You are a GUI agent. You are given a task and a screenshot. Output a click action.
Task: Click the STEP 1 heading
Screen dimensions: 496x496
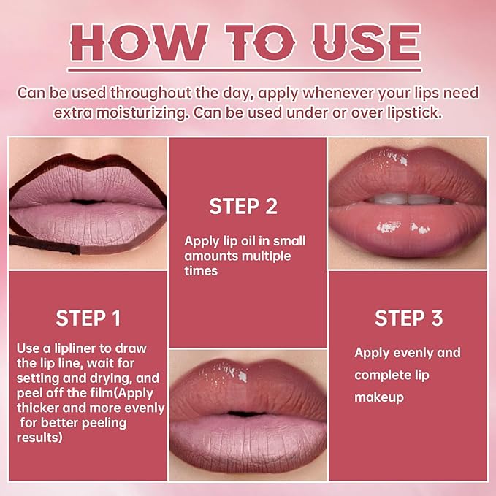[88, 318]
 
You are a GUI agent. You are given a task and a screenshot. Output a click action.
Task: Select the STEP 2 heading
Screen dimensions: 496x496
[243, 206]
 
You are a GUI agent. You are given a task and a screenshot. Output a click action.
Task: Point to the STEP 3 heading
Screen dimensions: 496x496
[408, 318]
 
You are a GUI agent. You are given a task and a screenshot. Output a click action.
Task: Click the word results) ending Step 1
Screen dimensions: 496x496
[39, 438]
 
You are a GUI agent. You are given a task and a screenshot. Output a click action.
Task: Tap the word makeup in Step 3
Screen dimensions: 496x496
[378, 398]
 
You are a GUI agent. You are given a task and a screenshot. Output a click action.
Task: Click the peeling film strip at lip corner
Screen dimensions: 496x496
[44, 245]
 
